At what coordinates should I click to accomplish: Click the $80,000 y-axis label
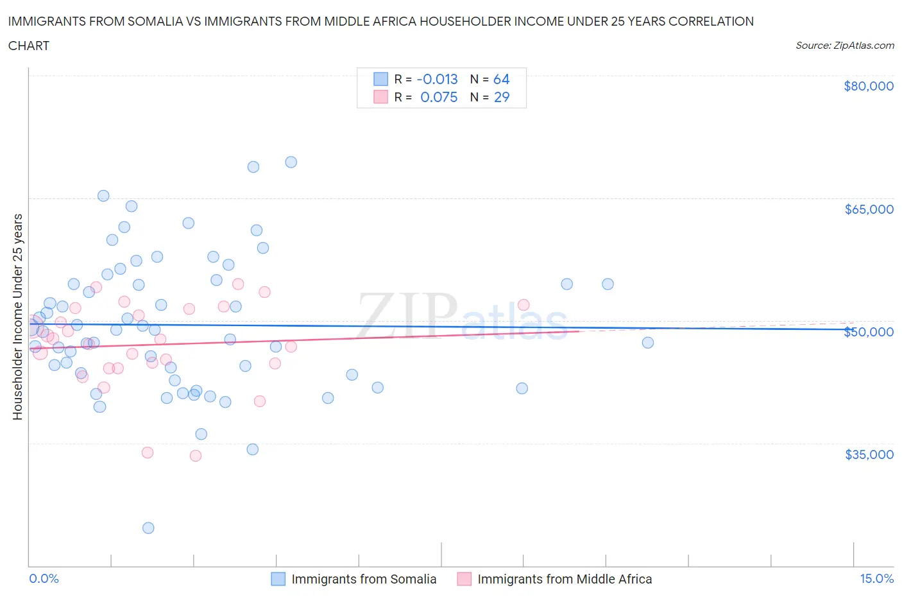[869, 87]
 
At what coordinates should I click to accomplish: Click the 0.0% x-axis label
[44, 578]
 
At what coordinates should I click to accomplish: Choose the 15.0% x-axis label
[876, 578]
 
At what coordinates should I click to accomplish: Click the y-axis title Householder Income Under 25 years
[17, 316]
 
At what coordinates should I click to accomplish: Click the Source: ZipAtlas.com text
[845, 46]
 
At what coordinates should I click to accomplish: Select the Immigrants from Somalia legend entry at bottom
[364, 579]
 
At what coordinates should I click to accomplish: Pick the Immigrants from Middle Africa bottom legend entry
[565, 579]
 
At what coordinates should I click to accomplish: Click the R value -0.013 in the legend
[438, 79]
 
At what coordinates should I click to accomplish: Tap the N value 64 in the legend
[501, 79]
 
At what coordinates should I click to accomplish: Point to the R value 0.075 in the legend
[439, 97]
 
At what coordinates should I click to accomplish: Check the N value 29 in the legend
[501, 97]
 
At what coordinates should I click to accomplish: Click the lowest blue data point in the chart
[148, 528]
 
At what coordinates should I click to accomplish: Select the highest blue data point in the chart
[291, 162]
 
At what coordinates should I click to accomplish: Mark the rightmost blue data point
[648, 343]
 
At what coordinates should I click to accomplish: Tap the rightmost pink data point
[523, 305]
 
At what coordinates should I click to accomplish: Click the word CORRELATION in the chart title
[711, 21]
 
